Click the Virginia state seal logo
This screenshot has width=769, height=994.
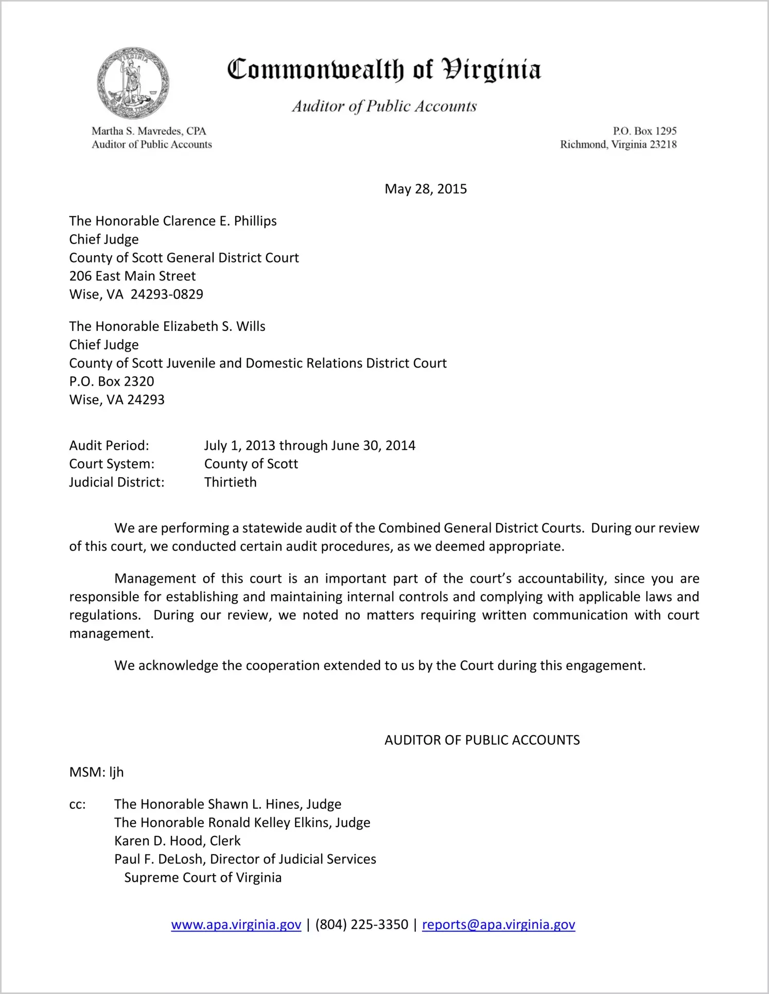133,83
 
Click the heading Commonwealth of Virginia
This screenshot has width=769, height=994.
384,70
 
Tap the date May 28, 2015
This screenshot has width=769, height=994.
426,189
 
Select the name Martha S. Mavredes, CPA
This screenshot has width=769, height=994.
149,131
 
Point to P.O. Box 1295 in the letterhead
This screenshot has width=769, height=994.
644,131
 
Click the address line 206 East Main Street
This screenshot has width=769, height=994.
132,276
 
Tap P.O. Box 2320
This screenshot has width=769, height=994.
112,381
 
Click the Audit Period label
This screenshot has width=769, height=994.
109,445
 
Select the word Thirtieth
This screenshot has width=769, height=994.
230,482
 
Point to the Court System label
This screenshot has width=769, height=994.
112,464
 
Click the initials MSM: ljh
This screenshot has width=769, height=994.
96,772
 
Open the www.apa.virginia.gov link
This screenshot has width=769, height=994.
236,925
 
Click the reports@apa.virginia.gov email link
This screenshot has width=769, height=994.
498,925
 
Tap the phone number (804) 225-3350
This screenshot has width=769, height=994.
361,925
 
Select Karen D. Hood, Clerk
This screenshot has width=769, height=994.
177,841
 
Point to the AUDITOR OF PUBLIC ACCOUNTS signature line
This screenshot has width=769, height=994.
482,740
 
